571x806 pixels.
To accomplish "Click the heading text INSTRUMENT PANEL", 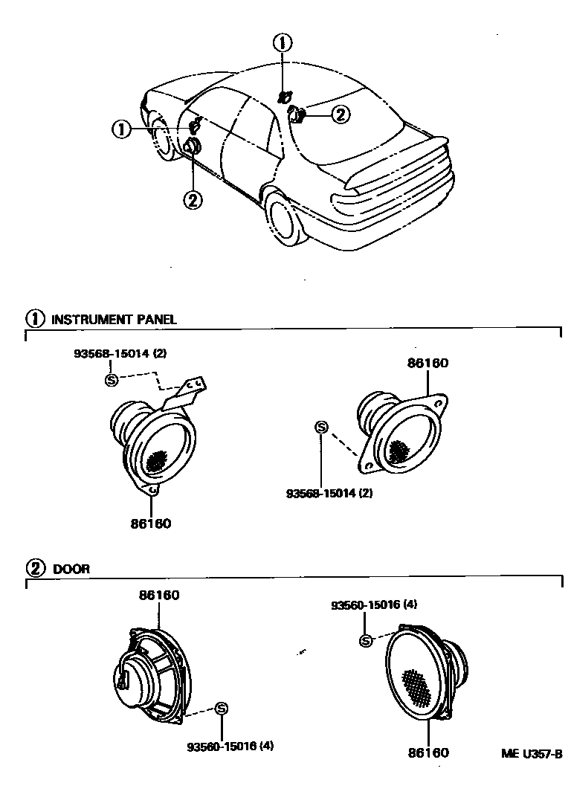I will pos(113,320).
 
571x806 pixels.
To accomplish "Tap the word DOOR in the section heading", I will pos(71,569).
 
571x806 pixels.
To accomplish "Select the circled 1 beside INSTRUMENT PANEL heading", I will pos(35,319).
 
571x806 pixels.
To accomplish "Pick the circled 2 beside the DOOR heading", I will pos(35,569).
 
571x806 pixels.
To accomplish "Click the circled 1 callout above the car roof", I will pos(283,42).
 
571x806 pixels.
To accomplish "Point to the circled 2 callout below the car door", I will pos(193,199).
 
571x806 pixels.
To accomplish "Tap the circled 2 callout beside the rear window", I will pos(339,114).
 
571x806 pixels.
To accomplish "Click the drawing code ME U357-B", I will pos(531,753).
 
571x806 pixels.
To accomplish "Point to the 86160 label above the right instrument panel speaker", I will pos(428,364).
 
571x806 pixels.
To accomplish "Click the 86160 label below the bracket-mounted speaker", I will pos(150,523).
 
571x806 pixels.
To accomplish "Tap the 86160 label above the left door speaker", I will pos(158,595).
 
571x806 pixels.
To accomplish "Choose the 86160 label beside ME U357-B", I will pos(428,752).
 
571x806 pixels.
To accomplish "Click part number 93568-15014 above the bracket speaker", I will pos(119,353).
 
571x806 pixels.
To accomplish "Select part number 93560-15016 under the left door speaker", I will pos(230,746).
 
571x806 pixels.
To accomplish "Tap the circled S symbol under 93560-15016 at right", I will pos(365,641).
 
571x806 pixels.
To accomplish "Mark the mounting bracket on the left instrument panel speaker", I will pos(186,393).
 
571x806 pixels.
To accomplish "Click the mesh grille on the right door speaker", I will pos(419,686).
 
